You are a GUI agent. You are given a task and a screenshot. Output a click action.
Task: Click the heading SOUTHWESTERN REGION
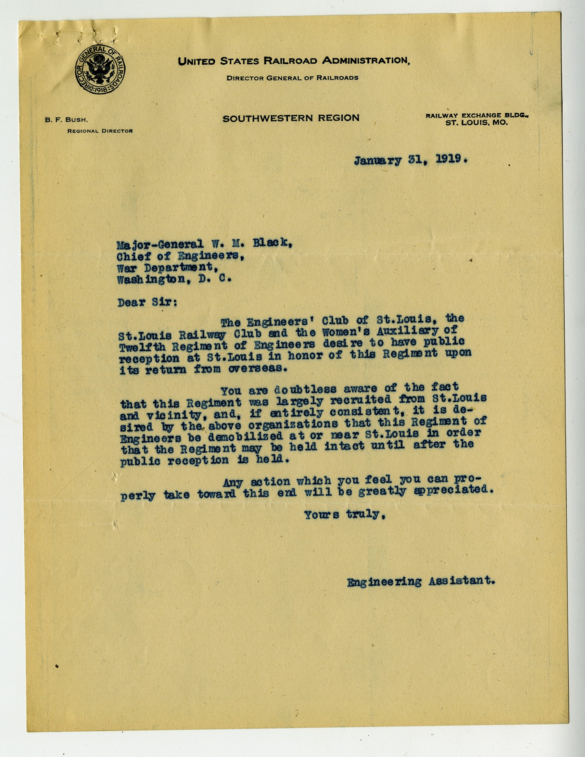[291, 118]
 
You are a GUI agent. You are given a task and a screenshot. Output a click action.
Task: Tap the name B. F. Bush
[66, 120]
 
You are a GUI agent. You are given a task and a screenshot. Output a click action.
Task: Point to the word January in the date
[378, 160]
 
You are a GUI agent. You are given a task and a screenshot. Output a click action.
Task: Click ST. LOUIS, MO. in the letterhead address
[477, 123]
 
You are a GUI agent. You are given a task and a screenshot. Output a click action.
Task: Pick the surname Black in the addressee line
[272, 243]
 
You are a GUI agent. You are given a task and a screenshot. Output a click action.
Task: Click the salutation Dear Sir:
[147, 302]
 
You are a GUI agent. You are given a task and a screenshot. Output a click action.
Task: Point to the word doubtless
[305, 389]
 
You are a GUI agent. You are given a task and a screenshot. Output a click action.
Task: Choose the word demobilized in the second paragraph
[245, 436]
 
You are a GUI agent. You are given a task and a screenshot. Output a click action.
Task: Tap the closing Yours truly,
[345, 515]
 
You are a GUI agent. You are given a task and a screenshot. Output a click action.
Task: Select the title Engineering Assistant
[421, 581]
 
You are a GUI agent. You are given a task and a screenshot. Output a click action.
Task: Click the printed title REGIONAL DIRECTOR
[100, 131]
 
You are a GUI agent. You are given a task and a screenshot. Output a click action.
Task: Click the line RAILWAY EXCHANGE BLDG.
[477, 116]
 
